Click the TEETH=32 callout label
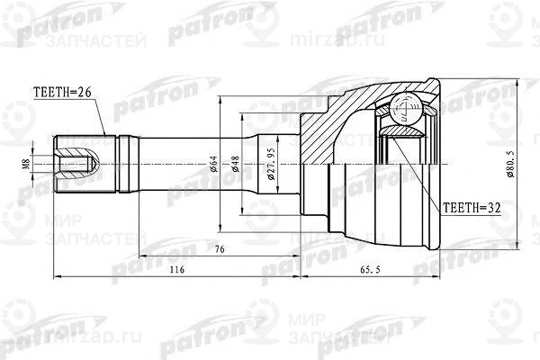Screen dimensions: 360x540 click(472, 207)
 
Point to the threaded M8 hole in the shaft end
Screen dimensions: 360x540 click(77, 164)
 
